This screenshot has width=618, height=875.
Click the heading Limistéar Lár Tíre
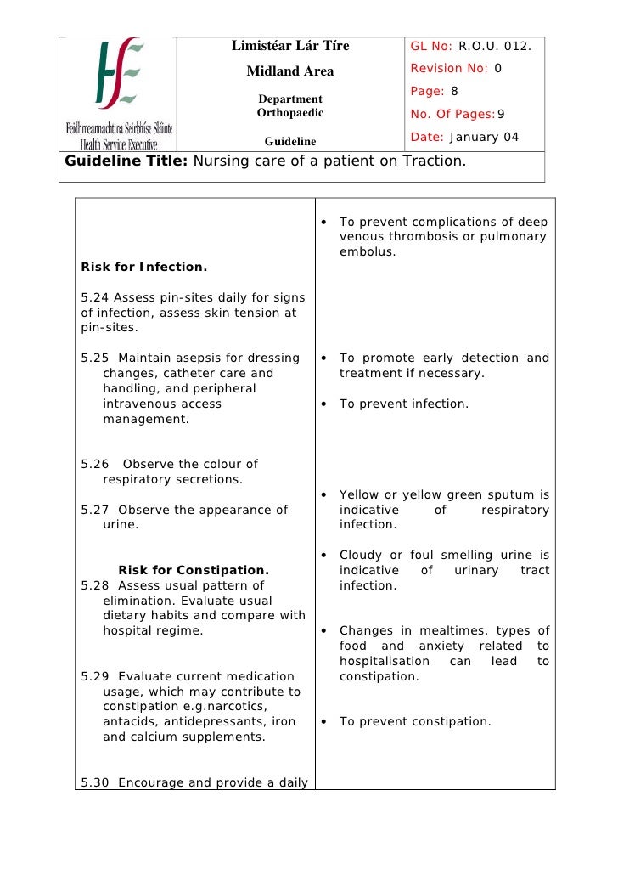coord(290,46)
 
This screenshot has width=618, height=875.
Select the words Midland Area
coord(290,71)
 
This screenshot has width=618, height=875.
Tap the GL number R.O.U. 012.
coord(495,46)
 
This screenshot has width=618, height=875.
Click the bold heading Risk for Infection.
coord(143,268)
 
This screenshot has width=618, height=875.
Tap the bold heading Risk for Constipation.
coord(194,570)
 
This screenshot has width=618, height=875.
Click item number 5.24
coord(95,297)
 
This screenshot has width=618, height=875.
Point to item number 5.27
coord(95,511)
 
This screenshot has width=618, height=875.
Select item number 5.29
coord(95,676)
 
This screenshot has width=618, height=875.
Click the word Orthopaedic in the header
coord(290,113)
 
